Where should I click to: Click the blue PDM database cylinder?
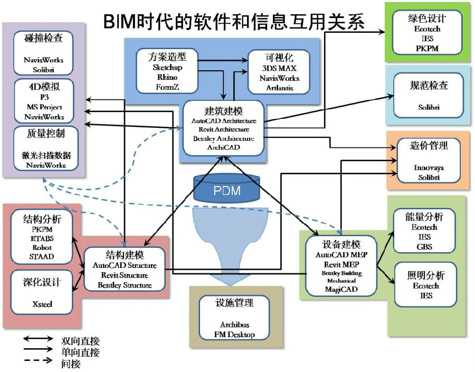226,189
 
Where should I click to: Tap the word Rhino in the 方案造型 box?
167,77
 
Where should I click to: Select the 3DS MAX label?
279,68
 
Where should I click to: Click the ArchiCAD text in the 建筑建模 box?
224,147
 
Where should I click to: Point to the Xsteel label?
42,304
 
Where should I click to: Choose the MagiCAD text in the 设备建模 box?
341,289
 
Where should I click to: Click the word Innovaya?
429,168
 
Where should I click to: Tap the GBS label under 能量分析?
424,246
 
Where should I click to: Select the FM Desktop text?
234,334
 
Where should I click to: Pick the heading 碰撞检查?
43,38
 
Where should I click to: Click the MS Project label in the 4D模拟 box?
44,107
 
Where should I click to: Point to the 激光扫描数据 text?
46,155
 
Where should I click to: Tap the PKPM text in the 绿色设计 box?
427,48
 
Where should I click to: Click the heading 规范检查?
429,85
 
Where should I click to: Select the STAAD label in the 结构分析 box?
42,256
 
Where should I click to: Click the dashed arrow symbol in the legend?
37,360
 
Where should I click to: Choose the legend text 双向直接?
80,341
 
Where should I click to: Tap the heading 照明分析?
425,275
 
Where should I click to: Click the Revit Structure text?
125,275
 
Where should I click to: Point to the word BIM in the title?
120,22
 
